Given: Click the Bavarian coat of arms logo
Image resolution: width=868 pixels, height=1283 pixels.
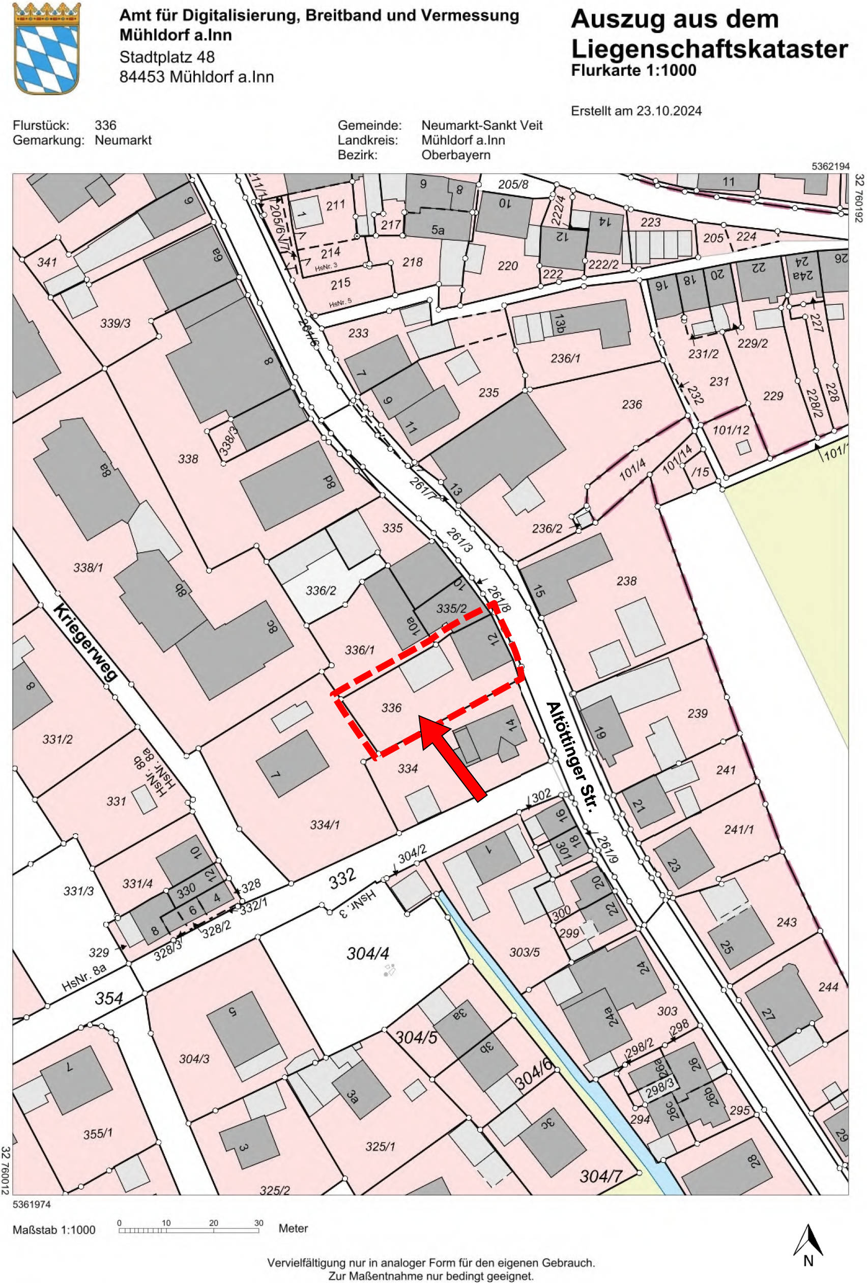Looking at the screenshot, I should pos(46,48).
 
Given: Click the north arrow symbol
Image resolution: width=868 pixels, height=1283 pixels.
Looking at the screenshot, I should pos(808,1242).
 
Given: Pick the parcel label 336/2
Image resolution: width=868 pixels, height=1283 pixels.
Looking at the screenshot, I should pos(321,591).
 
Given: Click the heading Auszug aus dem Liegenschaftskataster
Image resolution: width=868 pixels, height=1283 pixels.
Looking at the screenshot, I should pos(709,34).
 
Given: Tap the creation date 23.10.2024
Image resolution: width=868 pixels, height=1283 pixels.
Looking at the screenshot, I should pos(669,111).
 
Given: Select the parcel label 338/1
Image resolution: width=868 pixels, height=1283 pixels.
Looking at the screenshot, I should pos(89,567).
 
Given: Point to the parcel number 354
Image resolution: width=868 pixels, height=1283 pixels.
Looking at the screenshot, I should pos(108,998).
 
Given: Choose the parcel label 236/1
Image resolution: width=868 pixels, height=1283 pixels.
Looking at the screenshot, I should pos(566,358).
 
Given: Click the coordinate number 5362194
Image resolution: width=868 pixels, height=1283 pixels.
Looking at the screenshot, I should pos(830,166).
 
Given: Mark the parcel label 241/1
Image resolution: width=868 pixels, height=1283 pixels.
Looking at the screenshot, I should pos(739,830).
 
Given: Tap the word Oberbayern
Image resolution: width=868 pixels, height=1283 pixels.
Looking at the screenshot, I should pos(456,155).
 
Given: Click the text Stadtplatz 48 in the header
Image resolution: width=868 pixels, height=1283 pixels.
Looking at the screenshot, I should pos(167,57).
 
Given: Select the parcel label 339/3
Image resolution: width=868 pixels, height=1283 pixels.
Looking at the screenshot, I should pos(115,323).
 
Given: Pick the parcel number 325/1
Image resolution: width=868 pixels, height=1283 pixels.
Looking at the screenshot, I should pos(380,1147).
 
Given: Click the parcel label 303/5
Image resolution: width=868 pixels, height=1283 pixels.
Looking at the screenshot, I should pos(524,952).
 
